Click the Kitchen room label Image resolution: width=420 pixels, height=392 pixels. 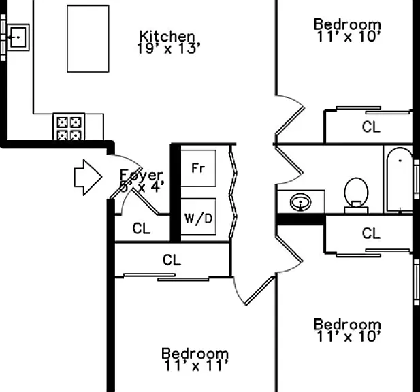[167, 36]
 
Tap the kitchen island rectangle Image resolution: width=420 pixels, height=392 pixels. [88, 39]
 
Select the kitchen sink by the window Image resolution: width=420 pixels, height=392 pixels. [18, 37]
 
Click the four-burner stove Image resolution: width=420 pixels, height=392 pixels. [69, 127]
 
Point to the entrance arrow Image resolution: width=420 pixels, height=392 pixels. [88, 177]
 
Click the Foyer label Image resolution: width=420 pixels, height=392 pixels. [141, 176]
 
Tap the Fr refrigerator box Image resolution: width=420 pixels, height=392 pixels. [199, 168]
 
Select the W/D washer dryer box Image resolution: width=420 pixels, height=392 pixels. [199, 217]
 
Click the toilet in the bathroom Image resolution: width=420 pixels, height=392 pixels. [356, 195]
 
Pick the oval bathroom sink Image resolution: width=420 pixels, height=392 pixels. [301, 202]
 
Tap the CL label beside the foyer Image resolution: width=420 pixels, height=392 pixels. [142, 229]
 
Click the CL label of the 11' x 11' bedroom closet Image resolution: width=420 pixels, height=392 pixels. [172, 260]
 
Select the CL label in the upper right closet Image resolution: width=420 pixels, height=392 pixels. [371, 127]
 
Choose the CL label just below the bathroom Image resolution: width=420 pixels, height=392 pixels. [371, 233]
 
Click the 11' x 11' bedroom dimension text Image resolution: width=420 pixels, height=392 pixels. [196, 365]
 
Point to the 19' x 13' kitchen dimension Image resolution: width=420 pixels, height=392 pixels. [169, 48]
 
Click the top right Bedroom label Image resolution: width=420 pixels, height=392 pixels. [347, 24]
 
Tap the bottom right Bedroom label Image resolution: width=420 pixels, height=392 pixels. [347, 324]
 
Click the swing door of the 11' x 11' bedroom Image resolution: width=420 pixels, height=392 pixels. [259, 291]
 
